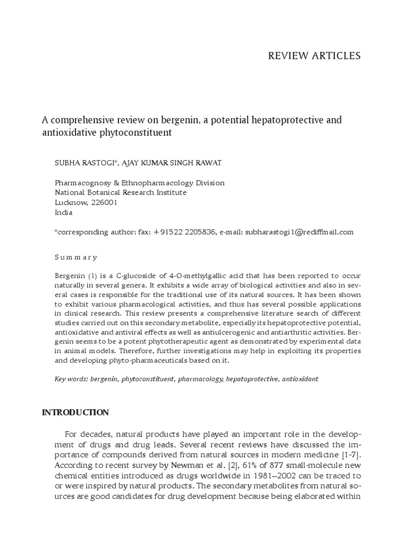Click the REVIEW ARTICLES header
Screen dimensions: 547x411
point(314,56)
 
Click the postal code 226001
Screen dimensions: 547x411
point(103,202)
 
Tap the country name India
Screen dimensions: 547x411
point(64,212)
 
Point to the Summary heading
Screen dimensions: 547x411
point(76,257)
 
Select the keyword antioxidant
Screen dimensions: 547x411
point(300,379)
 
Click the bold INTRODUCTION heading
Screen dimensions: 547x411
point(75,412)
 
